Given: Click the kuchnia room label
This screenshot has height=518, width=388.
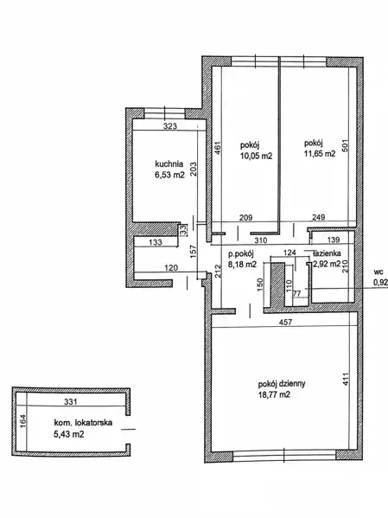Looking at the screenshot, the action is (x=169, y=163).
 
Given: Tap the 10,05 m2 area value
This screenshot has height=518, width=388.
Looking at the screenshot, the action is (x=257, y=156).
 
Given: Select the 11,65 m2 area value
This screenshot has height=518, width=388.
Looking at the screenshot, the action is (x=320, y=154).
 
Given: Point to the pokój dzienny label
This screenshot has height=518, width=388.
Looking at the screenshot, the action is (x=282, y=384).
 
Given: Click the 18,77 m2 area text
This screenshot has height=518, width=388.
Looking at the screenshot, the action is (x=274, y=395).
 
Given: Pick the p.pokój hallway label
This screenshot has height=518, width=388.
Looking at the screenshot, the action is (x=241, y=254).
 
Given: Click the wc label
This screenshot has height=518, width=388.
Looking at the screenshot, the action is (x=378, y=272).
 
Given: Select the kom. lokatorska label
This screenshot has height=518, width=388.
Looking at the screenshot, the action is (x=83, y=423).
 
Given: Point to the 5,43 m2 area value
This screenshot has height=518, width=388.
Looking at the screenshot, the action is (x=68, y=434).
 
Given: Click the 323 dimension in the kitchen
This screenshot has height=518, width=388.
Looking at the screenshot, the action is (x=170, y=126).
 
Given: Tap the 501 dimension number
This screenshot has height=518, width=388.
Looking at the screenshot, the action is (x=345, y=145).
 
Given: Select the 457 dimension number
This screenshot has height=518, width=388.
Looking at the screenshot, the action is (x=286, y=322).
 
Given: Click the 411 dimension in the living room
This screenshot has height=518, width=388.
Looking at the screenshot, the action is (x=345, y=380).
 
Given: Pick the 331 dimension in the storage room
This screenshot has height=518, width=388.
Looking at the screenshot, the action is (x=70, y=402).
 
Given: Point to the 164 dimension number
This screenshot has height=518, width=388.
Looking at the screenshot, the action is (x=22, y=421).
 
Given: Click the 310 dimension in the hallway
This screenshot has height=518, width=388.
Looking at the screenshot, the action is (x=260, y=240).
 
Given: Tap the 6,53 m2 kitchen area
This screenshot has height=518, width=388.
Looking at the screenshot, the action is (x=169, y=175).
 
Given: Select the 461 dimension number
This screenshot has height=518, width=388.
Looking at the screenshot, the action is (x=218, y=148).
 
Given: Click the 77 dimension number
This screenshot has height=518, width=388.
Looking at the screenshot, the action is (x=297, y=293).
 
